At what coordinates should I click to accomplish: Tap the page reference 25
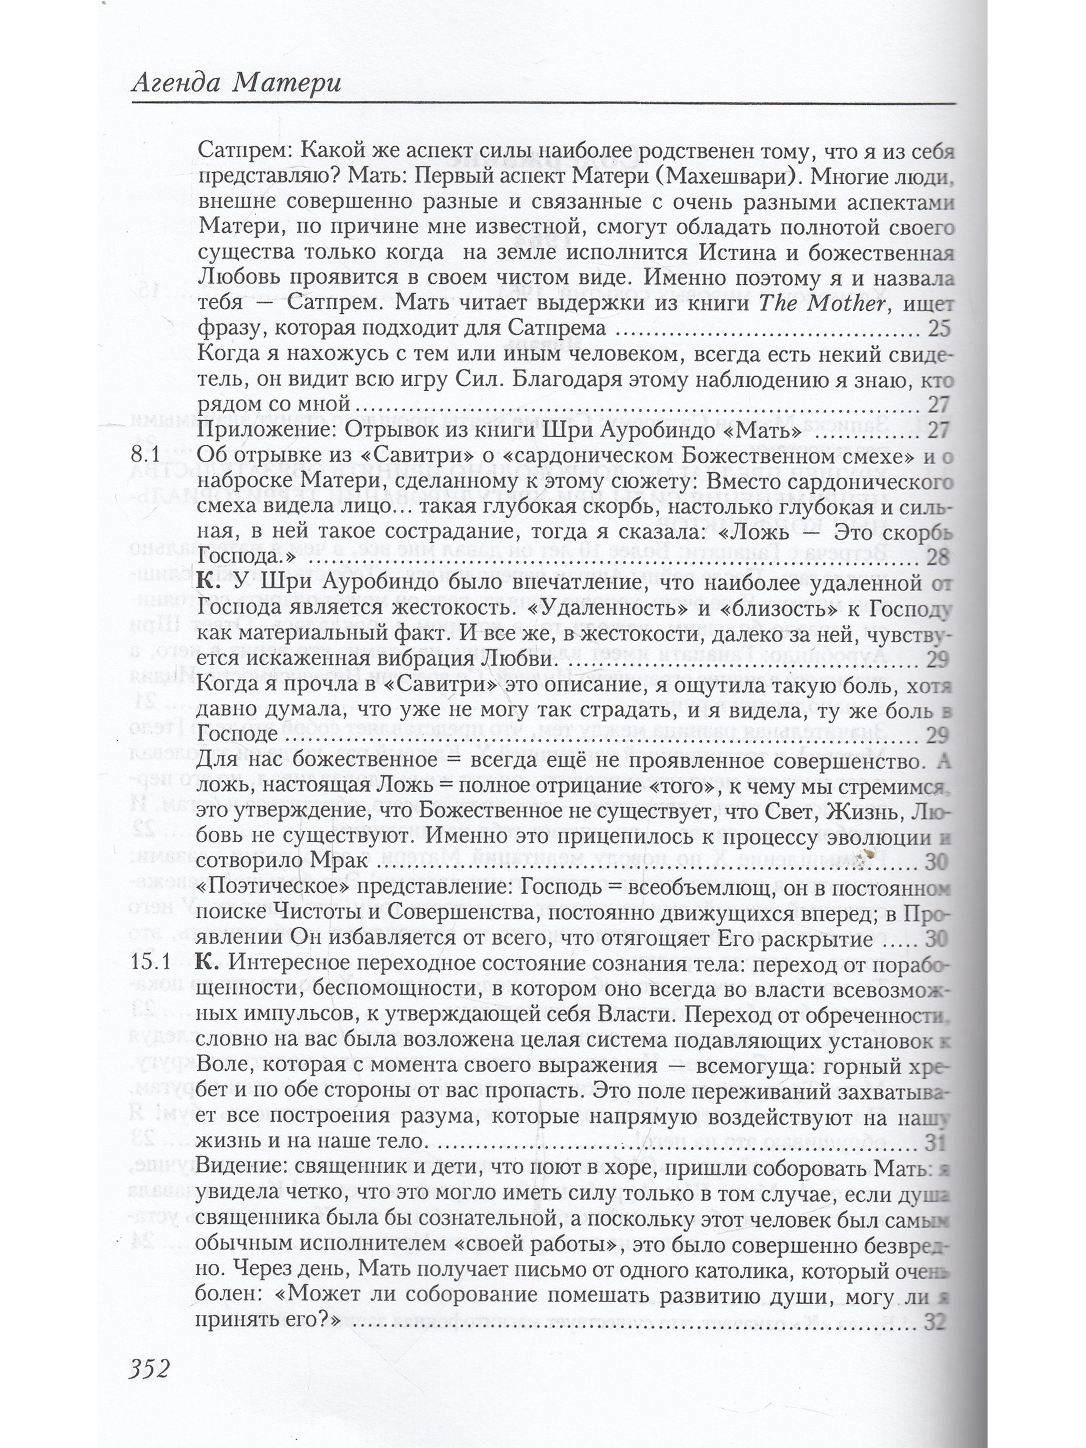click(938, 329)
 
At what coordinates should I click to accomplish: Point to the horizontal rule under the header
click(543, 104)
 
